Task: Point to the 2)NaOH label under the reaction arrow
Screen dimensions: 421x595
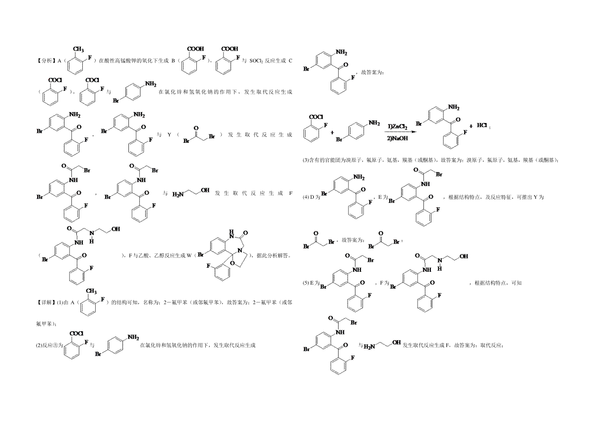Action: point(398,138)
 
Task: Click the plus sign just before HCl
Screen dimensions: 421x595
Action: point(471,126)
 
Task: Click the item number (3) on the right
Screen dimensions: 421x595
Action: point(305,160)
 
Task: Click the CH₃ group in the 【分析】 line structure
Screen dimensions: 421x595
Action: point(78,49)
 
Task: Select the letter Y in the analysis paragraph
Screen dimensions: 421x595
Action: point(169,135)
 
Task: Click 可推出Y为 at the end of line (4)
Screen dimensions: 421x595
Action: point(530,197)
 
